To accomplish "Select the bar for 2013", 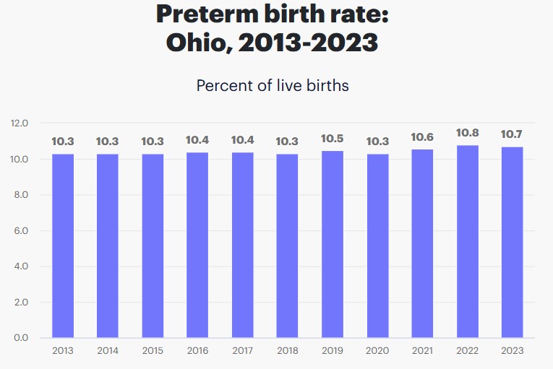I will tap(63, 246).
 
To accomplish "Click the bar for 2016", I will tap(197, 245).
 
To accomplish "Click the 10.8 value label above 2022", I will tap(468, 133).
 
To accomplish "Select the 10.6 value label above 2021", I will tap(423, 136).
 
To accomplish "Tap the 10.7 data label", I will tap(512, 134).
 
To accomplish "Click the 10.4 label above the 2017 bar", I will tap(243, 140).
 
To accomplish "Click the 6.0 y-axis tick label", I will tap(20, 231).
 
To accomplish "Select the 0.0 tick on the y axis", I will tap(20, 338).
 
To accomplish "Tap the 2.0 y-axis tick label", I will tap(20, 303).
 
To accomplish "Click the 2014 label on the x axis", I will tap(108, 350).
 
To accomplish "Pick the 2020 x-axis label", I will tap(377, 350).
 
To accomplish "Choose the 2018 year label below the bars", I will tap(288, 350).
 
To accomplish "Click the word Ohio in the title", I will tap(197, 42).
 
